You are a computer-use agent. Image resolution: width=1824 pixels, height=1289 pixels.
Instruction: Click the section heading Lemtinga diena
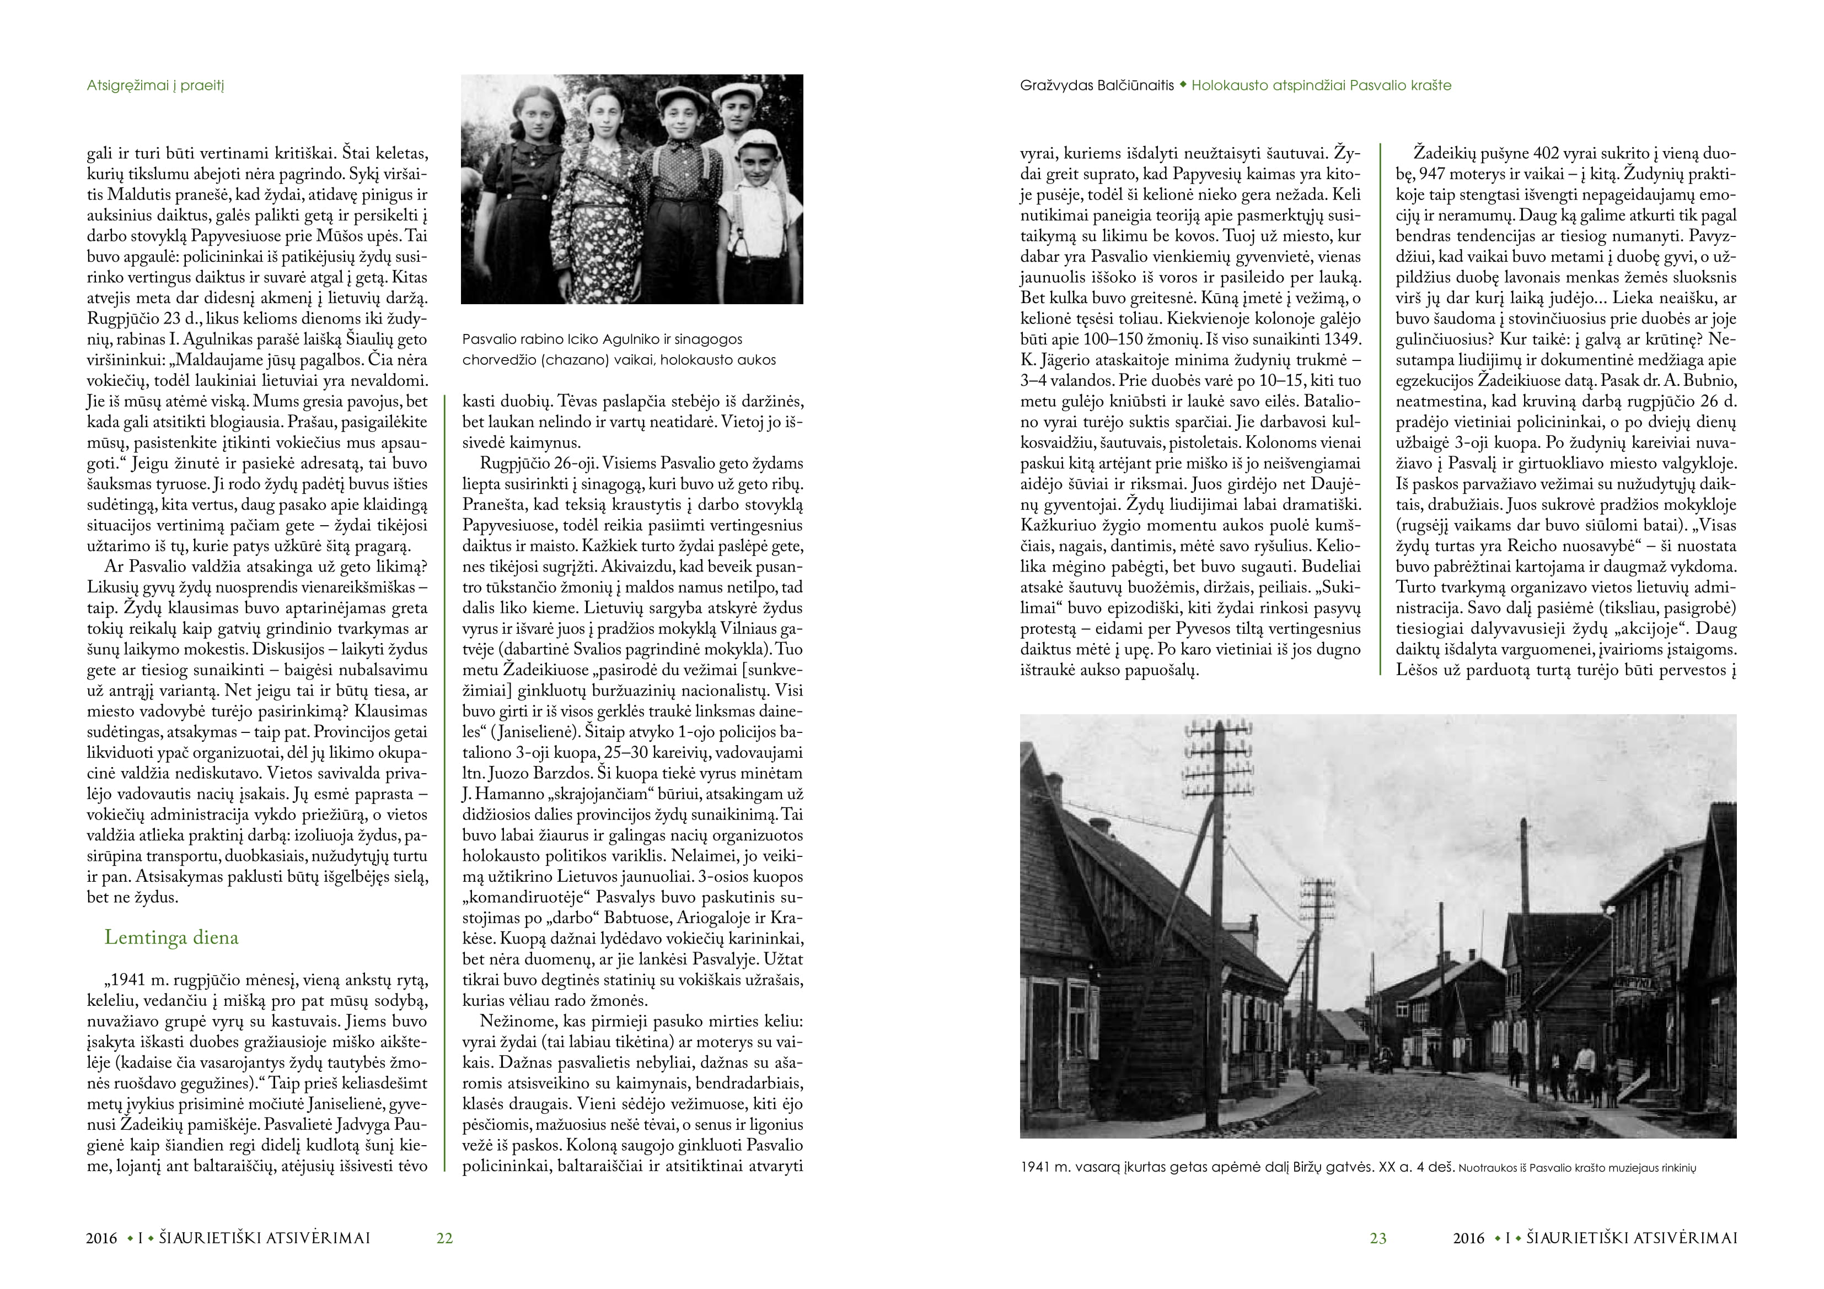[171, 938]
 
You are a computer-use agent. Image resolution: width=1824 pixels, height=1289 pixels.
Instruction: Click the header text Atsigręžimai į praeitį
[155, 86]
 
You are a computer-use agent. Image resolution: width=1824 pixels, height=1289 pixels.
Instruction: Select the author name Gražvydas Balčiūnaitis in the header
[1096, 86]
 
